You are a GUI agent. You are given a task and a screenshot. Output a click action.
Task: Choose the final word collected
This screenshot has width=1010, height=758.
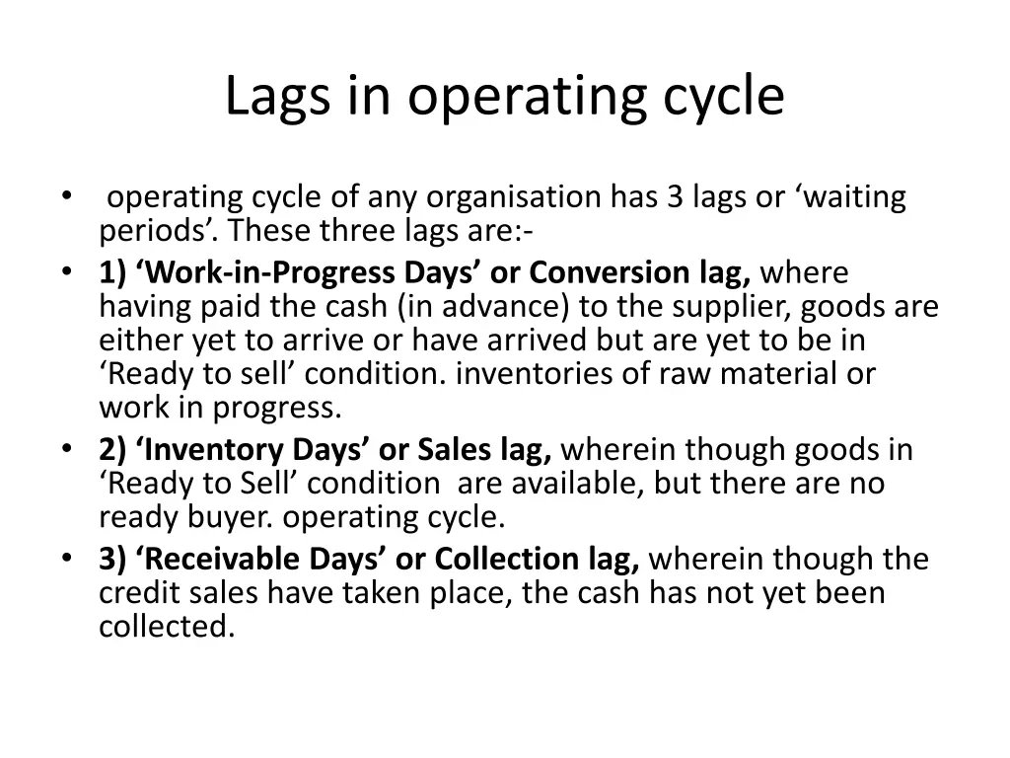click(x=166, y=627)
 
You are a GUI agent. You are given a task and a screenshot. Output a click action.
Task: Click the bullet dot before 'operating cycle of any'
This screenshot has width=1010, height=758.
click(x=65, y=195)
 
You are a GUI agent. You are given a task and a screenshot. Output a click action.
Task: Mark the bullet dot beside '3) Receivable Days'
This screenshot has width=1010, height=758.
click(x=65, y=559)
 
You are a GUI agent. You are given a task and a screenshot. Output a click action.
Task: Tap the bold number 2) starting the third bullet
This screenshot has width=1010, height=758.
click(x=111, y=450)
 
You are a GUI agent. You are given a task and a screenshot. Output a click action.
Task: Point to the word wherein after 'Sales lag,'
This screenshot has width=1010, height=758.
click(x=618, y=450)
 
